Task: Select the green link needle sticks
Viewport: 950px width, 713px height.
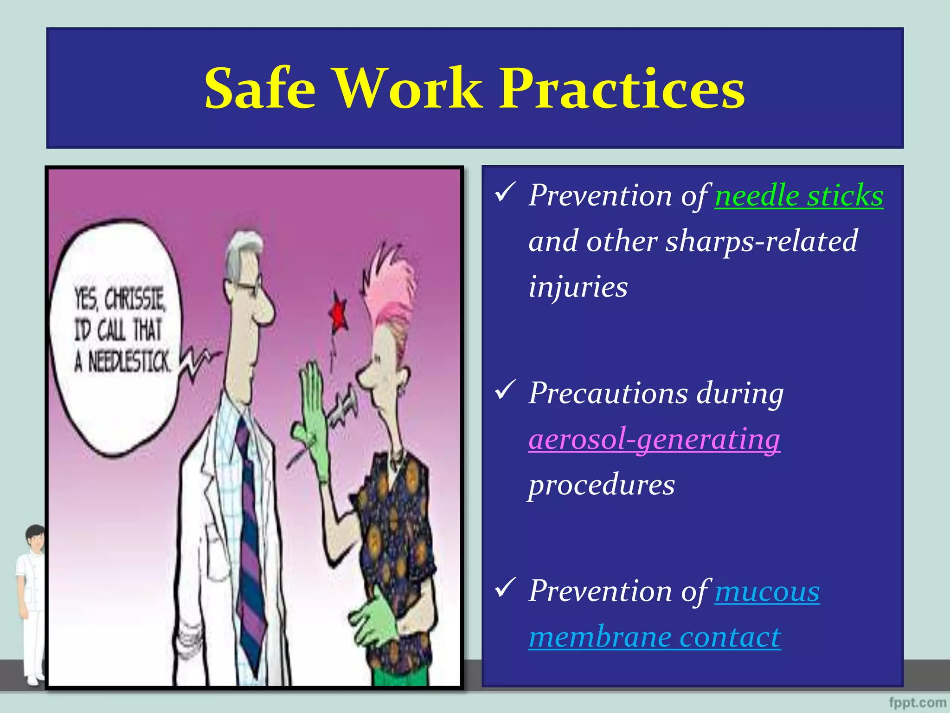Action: tap(799, 195)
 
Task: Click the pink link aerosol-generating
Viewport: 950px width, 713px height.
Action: tap(654, 439)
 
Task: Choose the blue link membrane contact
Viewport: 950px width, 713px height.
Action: tap(655, 637)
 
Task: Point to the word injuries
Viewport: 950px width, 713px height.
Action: tap(578, 286)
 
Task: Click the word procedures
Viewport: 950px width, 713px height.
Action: tap(602, 485)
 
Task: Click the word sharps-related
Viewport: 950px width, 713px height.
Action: tap(761, 241)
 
